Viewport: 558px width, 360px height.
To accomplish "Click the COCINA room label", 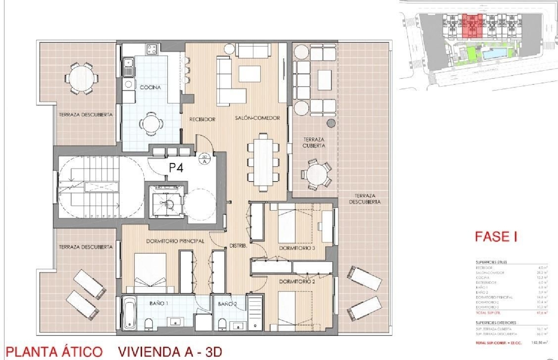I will point(150,87).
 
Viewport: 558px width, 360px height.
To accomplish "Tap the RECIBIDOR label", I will point(202,119).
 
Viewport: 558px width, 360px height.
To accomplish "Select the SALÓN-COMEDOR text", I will point(257,118).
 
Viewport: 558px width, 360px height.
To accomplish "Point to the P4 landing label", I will point(176,168).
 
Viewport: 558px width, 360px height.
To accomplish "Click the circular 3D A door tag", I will point(205,159).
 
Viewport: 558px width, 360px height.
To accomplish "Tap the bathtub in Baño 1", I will point(130,313).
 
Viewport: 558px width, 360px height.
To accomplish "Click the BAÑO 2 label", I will point(227,304).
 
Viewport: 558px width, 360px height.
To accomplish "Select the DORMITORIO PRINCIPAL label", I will point(175,241).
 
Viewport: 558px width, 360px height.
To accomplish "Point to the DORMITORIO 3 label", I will point(297,248).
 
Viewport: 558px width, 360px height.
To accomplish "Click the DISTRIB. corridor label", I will point(238,246).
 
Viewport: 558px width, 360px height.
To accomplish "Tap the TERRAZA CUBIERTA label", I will point(314,143).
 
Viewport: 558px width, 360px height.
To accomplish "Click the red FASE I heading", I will point(496,237).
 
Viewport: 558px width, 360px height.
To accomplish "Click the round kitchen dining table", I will point(151,122).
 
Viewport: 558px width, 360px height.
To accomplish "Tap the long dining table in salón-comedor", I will point(263,162).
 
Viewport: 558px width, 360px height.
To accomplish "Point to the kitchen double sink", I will point(129,67).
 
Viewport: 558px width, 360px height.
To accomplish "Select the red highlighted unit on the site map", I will point(472,26).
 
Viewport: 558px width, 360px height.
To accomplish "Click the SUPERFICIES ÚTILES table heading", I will point(491,262).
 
